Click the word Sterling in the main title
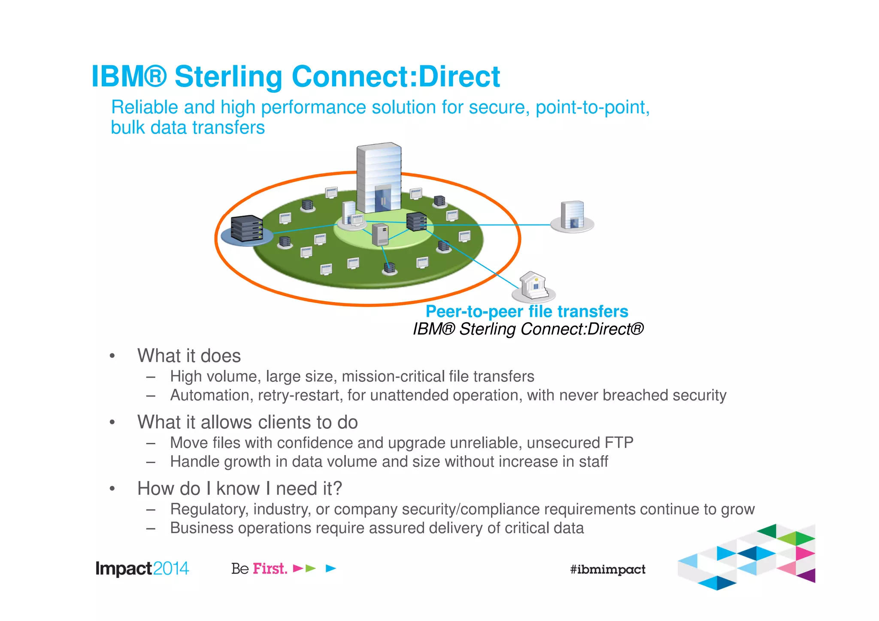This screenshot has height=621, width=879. click(228, 77)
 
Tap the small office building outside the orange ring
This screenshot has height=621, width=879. click(572, 215)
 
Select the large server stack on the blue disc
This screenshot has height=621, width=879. click(246, 228)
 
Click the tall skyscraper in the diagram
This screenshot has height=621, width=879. click(379, 178)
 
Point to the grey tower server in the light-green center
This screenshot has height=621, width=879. click(380, 234)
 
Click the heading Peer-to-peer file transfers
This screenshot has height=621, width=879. click(527, 311)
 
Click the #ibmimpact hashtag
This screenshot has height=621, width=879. click(607, 570)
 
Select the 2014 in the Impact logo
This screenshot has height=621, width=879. click(171, 569)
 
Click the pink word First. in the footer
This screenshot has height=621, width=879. click(270, 569)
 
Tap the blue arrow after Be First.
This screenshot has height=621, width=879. click(330, 569)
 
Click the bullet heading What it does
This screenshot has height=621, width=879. click(189, 356)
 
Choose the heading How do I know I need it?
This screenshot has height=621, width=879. click(239, 488)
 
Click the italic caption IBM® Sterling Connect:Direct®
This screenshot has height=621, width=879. click(528, 329)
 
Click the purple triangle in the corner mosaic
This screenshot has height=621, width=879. click(807, 575)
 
